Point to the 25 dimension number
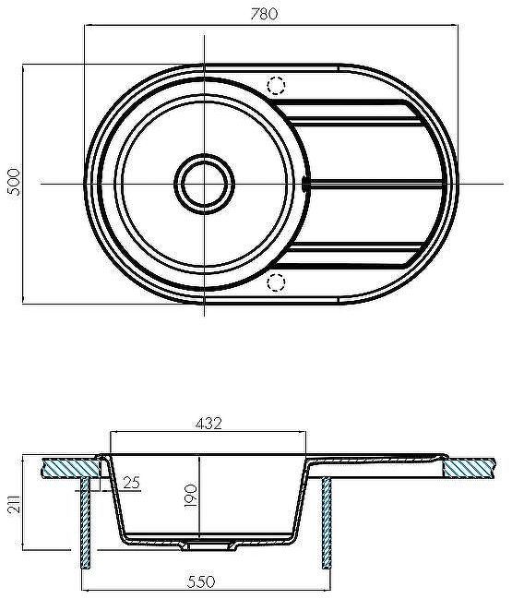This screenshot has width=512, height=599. coord(131,482)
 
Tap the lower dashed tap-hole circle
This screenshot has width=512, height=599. coord(276,282)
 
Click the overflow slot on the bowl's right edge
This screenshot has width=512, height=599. coord(307,183)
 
